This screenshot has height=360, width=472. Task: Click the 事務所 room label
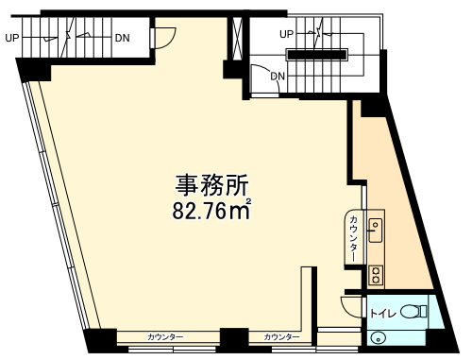[x=211, y=185]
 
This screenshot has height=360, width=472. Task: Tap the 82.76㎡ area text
[x=211, y=210]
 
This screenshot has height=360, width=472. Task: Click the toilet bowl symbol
[x=413, y=312]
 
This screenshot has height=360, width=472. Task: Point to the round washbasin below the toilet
[x=378, y=339]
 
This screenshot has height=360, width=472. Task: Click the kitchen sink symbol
[x=376, y=231]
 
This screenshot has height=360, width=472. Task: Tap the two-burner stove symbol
[x=376, y=275]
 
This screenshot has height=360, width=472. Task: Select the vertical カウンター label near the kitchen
[x=354, y=238]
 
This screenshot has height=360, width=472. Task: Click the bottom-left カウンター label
[x=165, y=337]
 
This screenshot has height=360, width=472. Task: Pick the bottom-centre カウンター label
[x=281, y=337]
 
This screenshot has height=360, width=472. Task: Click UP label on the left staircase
[x=12, y=38]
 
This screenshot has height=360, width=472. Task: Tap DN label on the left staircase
[x=123, y=38]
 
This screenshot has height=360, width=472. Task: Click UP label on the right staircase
[x=286, y=34]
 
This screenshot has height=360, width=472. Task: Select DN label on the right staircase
[x=278, y=76]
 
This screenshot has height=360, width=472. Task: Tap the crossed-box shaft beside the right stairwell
[x=238, y=38]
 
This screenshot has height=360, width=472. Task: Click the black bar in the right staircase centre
[x=317, y=55]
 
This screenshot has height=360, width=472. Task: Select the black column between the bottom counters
[x=234, y=340]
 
